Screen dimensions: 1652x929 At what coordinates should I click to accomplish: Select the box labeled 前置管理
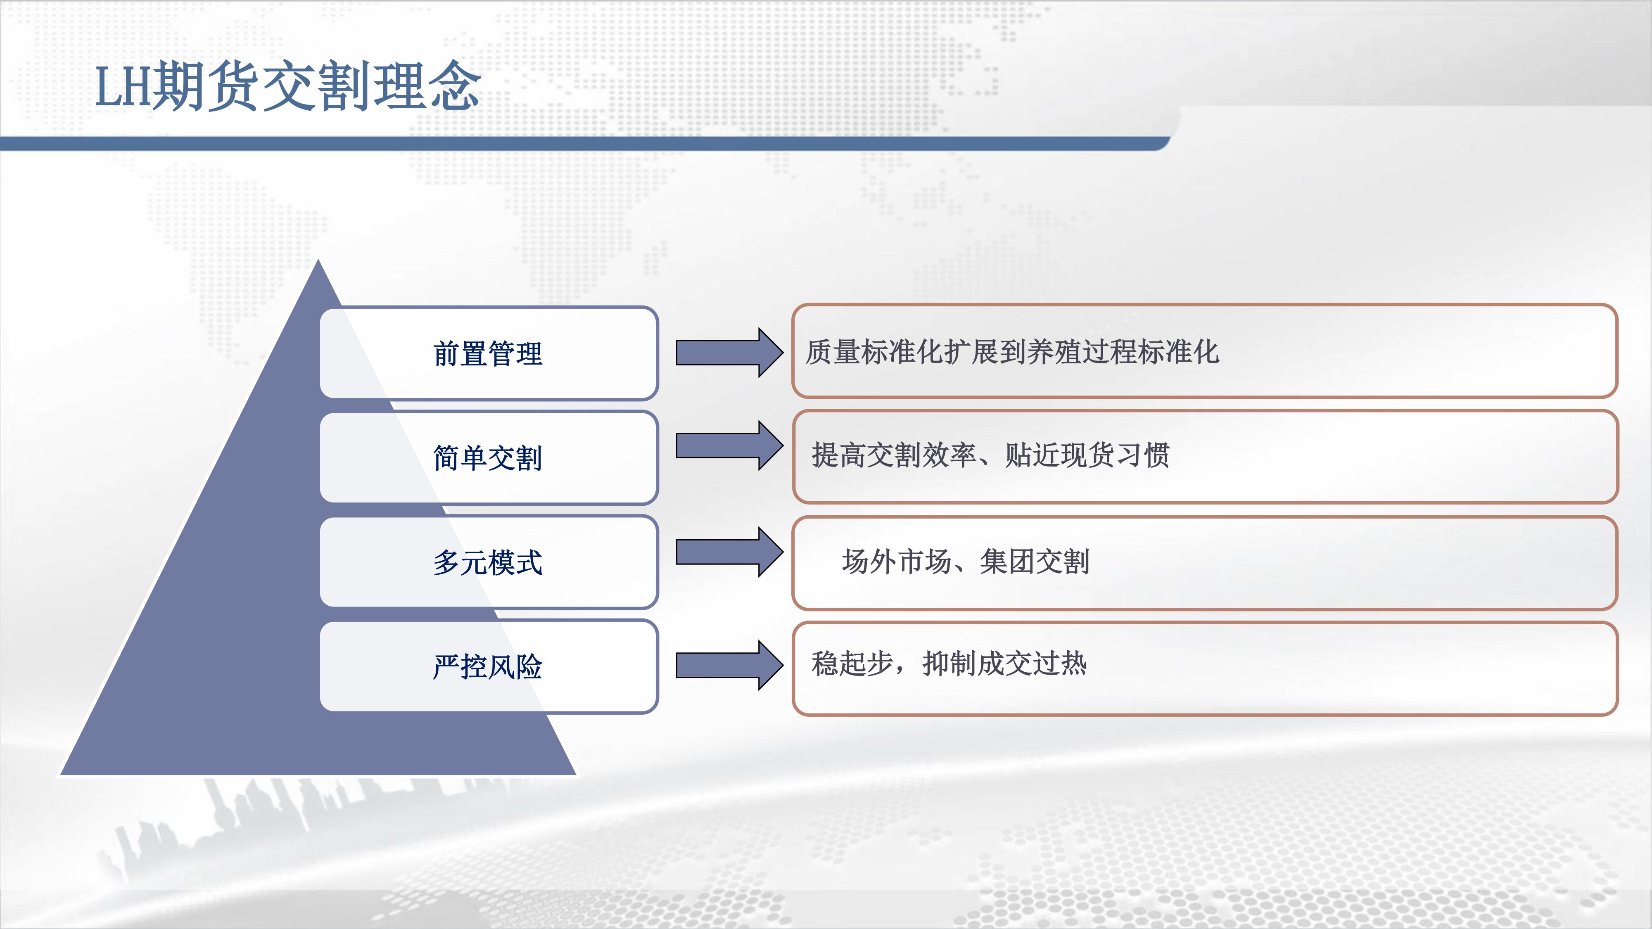point(489,353)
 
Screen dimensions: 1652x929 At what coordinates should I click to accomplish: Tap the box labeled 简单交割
point(489,458)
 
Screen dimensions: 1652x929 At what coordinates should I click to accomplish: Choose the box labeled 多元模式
point(489,562)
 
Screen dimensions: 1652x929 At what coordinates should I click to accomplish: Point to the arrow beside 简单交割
point(730,446)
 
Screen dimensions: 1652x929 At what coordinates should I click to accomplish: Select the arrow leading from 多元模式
point(730,552)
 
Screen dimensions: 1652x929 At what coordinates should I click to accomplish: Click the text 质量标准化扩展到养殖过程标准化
point(1012,352)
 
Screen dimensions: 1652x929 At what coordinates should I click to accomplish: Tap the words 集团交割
point(1035,562)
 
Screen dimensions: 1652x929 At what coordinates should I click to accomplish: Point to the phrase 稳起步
point(853,664)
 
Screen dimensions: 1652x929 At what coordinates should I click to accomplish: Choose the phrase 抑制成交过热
point(1005,664)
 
